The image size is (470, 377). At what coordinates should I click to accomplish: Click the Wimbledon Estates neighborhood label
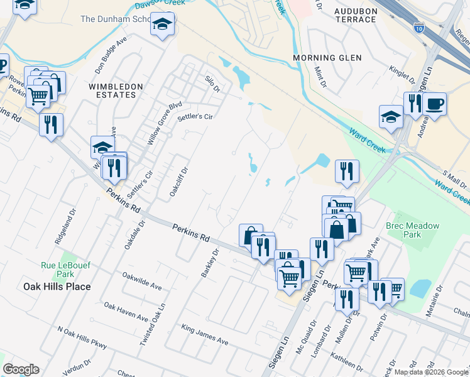[112, 90]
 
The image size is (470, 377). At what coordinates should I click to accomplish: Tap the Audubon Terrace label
[347, 14]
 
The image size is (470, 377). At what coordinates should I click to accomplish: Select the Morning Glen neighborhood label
[327, 58]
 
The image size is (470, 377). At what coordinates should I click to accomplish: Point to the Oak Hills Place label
[57, 287]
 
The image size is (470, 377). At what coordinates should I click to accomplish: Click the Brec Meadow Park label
[413, 230]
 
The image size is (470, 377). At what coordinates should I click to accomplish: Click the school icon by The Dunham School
[163, 24]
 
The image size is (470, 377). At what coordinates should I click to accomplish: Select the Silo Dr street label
[212, 84]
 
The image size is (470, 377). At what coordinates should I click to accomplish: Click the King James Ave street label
[205, 335]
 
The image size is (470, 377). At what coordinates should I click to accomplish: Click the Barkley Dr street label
[210, 264]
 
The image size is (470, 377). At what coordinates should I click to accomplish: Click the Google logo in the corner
[21, 369]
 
